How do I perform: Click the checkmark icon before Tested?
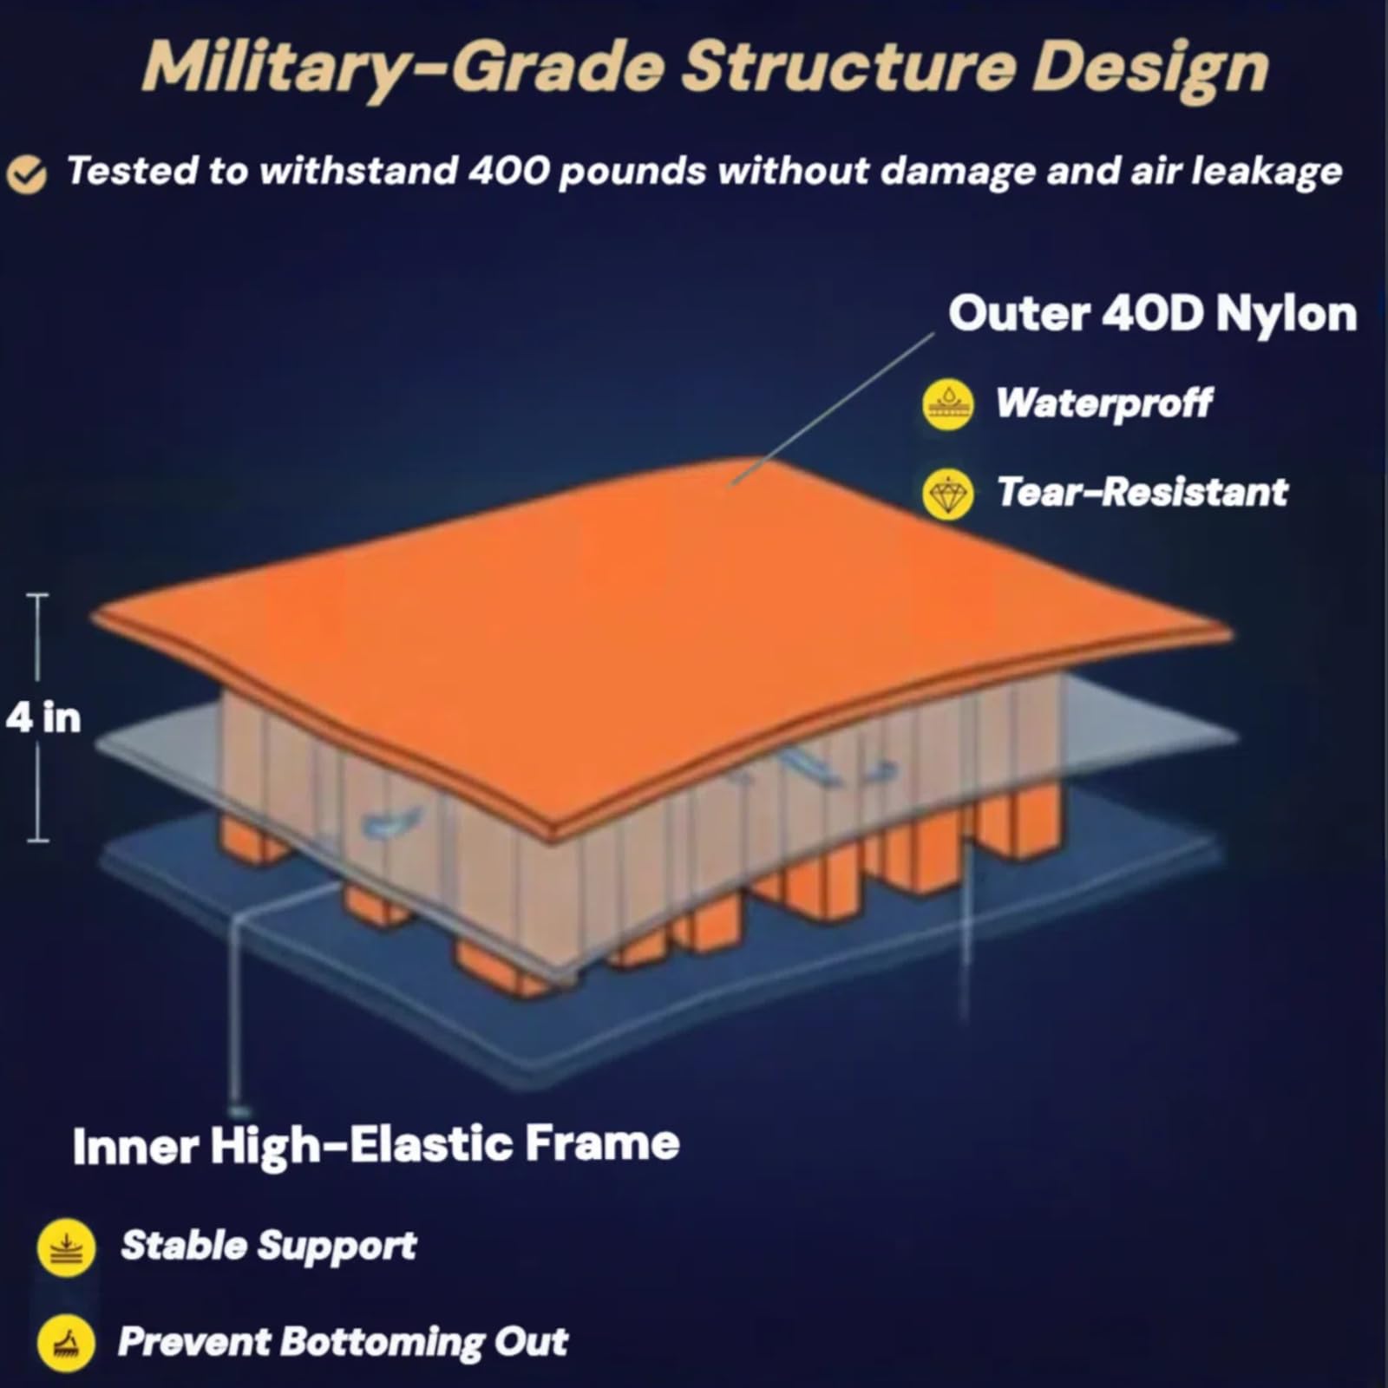click(27, 173)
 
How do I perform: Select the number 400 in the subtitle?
click(508, 170)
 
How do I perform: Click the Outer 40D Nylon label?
click(1153, 313)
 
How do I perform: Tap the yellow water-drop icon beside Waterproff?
click(947, 404)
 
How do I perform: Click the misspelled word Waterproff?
click(1103, 403)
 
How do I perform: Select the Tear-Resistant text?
click(1142, 492)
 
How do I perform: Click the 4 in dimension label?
click(43, 717)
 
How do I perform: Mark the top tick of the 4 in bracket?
click(38, 596)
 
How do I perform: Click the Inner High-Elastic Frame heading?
click(376, 1145)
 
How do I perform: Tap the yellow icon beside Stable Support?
click(66, 1247)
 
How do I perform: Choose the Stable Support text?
click(269, 1246)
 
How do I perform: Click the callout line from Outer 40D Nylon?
click(832, 409)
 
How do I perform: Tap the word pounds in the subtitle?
click(632, 172)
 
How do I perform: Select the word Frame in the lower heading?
click(602, 1143)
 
